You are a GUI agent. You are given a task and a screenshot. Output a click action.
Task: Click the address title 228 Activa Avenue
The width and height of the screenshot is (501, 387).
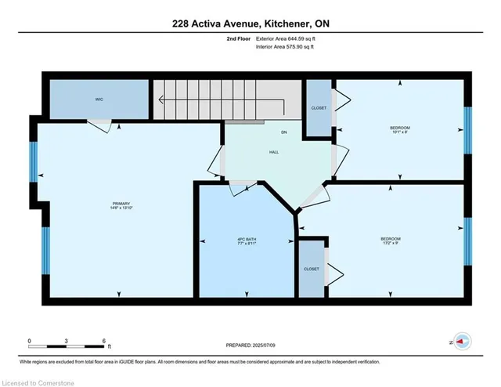point(250,24)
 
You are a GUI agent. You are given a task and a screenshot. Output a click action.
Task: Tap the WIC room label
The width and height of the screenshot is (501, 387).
point(99,99)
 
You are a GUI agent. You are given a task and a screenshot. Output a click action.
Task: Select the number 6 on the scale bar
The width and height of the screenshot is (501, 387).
point(104,340)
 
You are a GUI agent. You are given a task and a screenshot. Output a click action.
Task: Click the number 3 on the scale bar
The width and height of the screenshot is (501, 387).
point(67,340)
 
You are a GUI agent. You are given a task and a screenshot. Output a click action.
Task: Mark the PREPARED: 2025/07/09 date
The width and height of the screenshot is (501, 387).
point(250,344)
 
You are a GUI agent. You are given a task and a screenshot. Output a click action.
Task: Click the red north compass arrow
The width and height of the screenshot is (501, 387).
point(463,342)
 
